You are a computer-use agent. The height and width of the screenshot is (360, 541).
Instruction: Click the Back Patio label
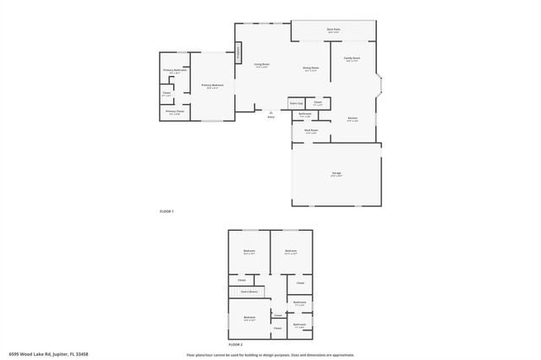click(x=333, y=30)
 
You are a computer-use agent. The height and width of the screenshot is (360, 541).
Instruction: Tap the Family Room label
click(x=351, y=58)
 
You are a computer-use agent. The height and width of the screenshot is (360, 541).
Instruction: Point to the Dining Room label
click(x=310, y=68)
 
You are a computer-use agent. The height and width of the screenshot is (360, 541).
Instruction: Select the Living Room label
click(x=262, y=64)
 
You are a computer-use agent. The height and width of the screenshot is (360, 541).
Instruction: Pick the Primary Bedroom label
click(x=211, y=85)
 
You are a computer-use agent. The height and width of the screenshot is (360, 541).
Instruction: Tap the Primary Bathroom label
click(x=175, y=71)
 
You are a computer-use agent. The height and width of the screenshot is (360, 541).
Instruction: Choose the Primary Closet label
click(x=175, y=112)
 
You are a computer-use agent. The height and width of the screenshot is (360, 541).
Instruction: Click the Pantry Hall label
click(x=297, y=103)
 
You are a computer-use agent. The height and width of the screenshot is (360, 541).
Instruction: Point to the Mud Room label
click(x=310, y=130)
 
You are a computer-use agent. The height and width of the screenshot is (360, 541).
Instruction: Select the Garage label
click(x=336, y=173)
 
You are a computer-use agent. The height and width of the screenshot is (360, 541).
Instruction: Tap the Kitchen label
click(x=352, y=118)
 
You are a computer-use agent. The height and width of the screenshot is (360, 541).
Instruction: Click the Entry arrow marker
click(x=270, y=112)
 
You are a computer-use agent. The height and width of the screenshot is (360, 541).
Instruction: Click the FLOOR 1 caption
click(x=167, y=210)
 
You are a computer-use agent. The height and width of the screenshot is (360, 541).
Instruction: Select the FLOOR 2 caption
click(x=235, y=345)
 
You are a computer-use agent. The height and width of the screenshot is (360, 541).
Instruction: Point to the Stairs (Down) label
click(x=249, y=291)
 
